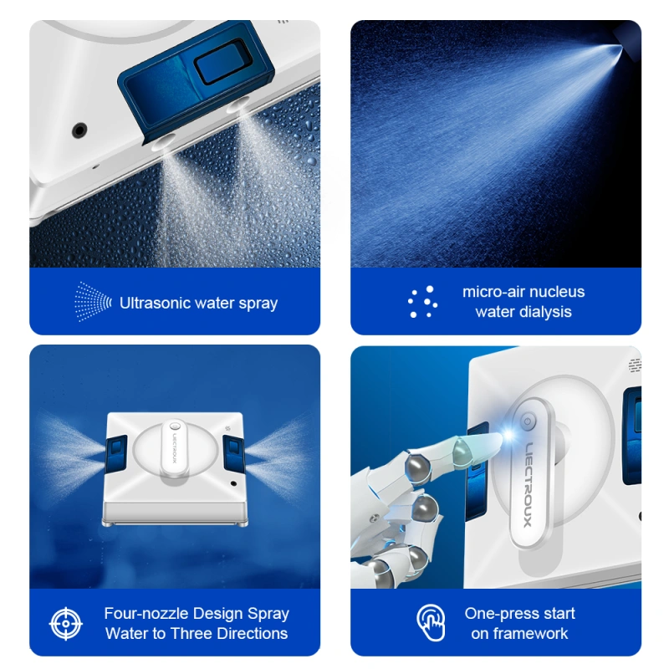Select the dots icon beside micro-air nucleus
pos(422,302)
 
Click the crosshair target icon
pos(66,623)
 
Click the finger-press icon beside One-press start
pos(431,623)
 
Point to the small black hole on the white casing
pos(79,130)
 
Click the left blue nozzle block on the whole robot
pos(116,451)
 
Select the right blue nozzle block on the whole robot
pos(232,451)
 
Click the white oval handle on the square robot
pos(174,452)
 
